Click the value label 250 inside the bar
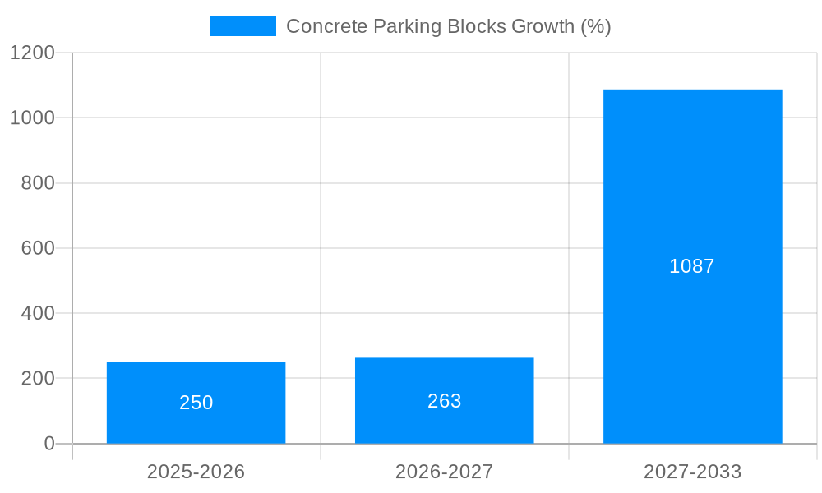click(196, 403)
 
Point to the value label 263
click(444, 401)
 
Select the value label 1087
click(692, 266)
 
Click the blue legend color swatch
click(242, 26)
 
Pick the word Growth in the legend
click(543, 26)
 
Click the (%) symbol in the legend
click(595, 26)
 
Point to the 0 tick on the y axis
click(48, 444)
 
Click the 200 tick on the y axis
click(38, 379)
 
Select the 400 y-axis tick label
click(38, 313)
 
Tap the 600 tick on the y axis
click(38, 248)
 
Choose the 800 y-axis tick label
click(38, 183)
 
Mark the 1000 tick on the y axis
click(32, 117)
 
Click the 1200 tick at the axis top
click(32, 53)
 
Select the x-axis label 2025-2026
click(196, 472)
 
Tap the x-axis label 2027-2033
click(692, 472)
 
